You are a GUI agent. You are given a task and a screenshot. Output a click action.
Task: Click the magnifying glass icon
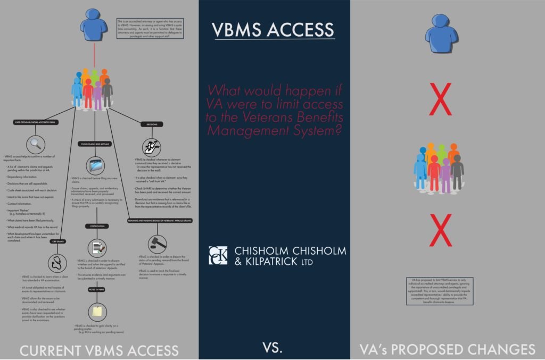click(35, 144)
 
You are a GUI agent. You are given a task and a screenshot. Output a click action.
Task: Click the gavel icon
click(157, 243)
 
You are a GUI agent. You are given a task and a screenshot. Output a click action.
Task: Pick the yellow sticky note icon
click(96, 312)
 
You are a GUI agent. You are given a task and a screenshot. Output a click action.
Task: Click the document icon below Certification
click(96, 247)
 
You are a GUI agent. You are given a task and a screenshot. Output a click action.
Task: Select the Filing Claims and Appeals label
click(96, 144)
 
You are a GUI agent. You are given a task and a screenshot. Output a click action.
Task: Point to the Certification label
click(96, 226)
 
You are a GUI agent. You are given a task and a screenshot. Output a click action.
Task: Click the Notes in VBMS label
click(96, 289)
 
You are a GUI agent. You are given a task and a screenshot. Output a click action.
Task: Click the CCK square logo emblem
click(218, 255)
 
